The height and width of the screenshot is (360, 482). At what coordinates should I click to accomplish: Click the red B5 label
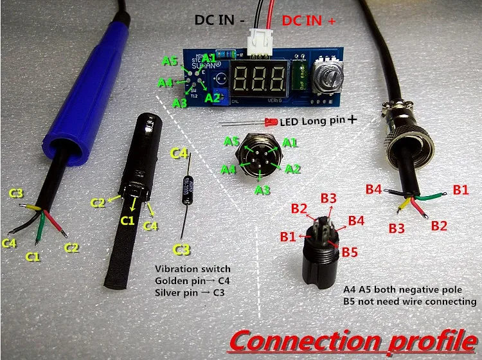(350, 252)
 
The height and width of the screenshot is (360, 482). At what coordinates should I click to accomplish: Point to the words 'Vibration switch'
(192, 269)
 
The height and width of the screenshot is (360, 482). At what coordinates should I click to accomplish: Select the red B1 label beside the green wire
(461, 190)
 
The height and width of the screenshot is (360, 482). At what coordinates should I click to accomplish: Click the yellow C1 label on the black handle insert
(128, 221)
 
